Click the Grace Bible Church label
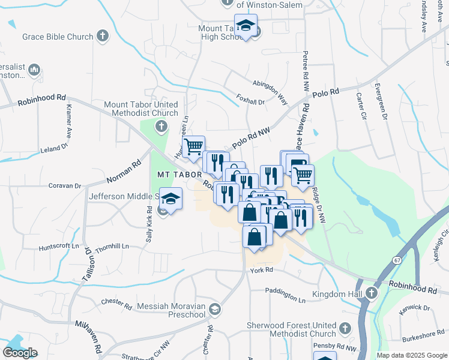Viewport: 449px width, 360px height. click(x=58, y=37)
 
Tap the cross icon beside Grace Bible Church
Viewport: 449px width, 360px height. click(x=103, y=36)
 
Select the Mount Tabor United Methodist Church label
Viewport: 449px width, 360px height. click(x=142, y=109)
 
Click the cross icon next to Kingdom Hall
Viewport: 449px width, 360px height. click(x=371, y=293)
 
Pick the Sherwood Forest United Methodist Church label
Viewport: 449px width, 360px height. click(x=292, y=329)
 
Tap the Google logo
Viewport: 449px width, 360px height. click(x=20, y=353)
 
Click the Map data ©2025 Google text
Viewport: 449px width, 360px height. click(x=412, y=355)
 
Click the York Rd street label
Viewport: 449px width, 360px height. click(x=262, y=270)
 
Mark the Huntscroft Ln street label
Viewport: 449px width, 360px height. click(x=59, y=246)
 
